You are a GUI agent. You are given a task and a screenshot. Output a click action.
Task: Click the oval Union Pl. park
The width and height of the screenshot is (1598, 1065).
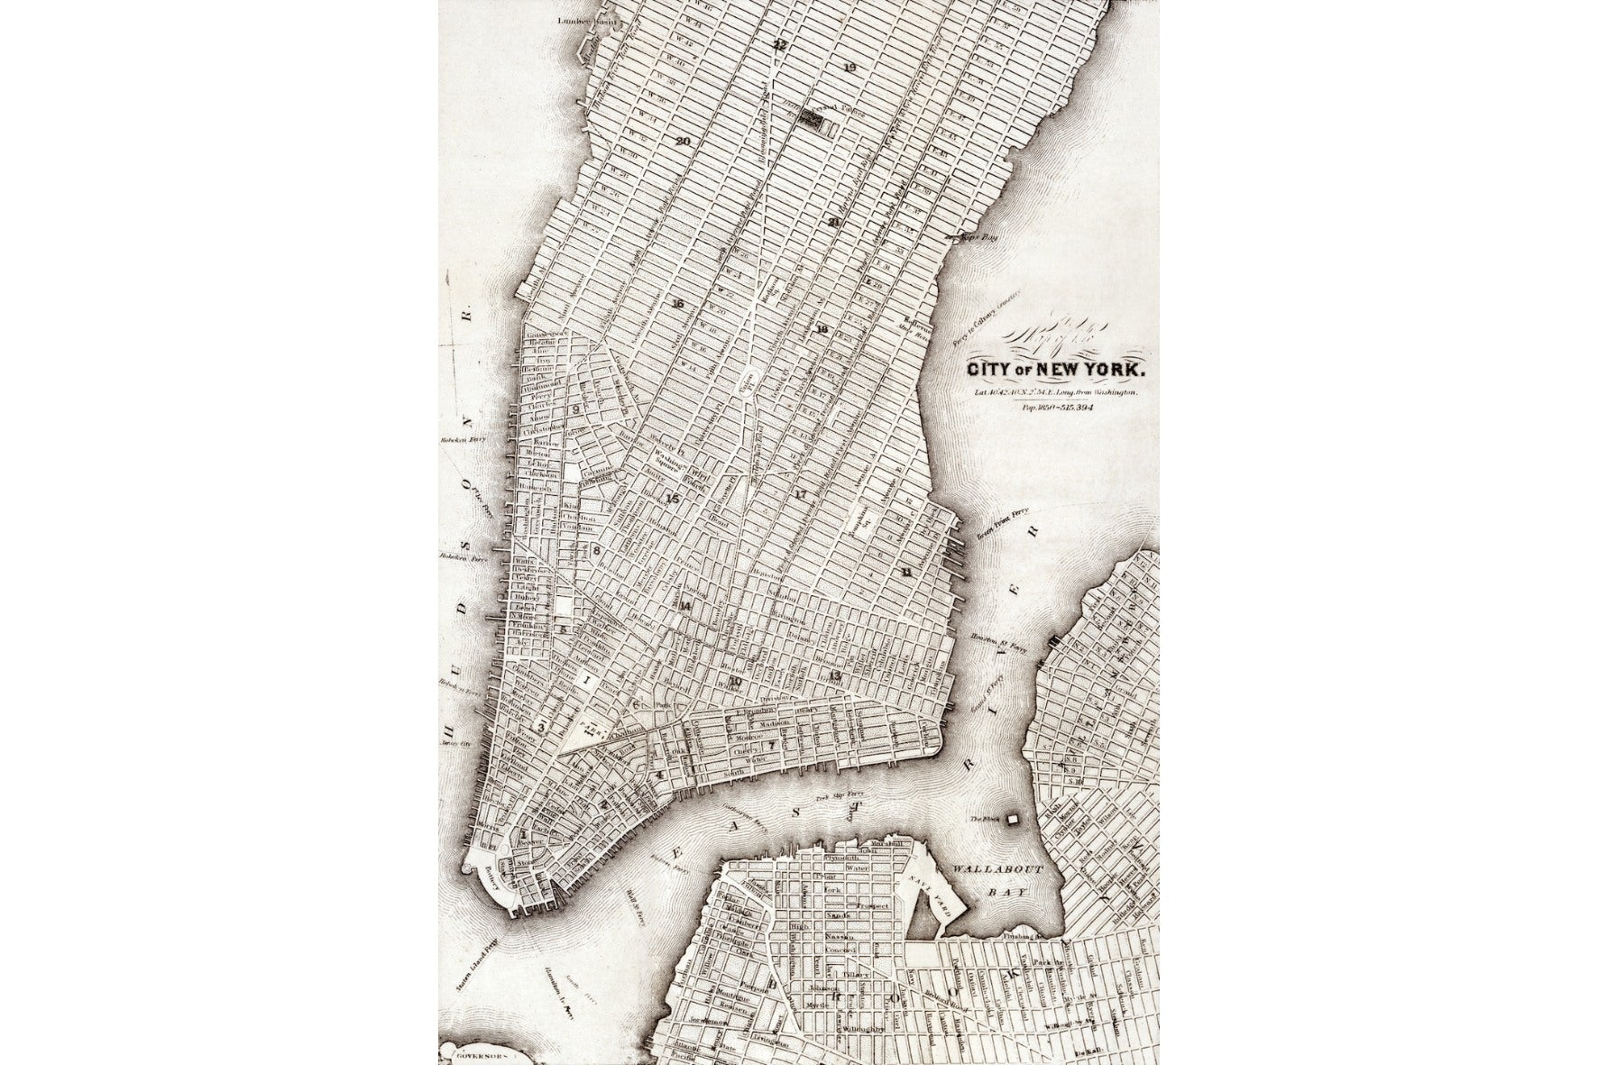tap(748, 385)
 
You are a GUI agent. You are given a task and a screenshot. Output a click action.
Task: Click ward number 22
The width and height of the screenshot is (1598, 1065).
tap(779, 43)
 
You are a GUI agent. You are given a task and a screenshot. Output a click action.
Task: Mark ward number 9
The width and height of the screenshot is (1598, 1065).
tap(574, 409)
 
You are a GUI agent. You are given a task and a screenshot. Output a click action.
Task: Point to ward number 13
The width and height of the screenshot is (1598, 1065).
tap(835, 675)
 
